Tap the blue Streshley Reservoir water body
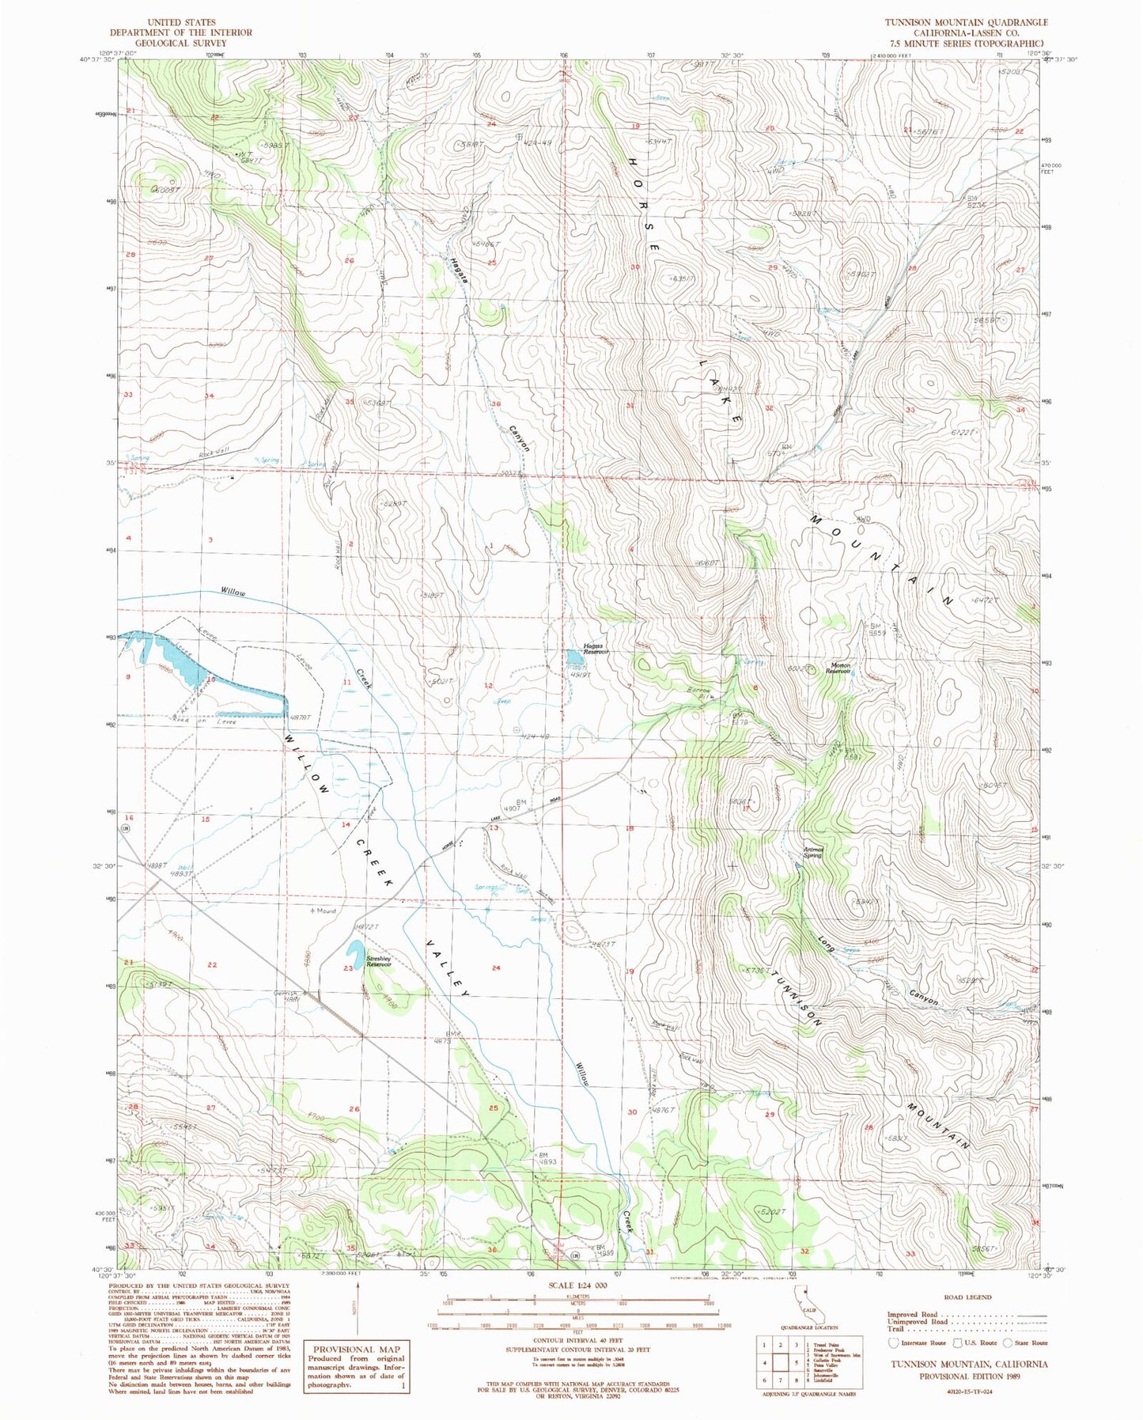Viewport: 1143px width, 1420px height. [x=354, y=952]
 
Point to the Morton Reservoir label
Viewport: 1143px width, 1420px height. [x=838, y=667]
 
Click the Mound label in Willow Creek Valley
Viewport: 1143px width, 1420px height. [x=323, y=911]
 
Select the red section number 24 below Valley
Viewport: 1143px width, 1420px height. [x=496, y=967]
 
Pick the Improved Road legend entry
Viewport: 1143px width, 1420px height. [x=914, y=1315]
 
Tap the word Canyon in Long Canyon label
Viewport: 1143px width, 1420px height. [x=922, y=998]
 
